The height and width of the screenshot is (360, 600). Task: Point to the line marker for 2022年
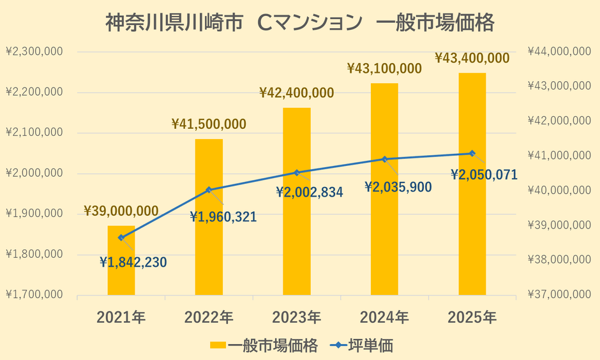click(209, 190)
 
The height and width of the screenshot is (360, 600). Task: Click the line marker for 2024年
click(384, 159)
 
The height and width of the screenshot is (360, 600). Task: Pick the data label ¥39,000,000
click(121, 211)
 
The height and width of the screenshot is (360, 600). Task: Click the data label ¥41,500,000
click(209, 124)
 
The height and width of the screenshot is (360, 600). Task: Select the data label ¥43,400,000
click(472, 58)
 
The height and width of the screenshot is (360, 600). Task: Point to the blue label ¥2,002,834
click(310, 191)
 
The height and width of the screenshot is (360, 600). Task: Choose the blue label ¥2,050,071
click(484, 174)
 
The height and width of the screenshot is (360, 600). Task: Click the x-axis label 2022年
click(209, 317)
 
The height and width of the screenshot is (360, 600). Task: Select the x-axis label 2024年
click(384, 317)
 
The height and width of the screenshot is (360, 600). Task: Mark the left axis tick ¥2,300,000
click(33, 52)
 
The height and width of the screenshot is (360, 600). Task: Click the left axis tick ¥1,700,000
click(33, 295)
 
